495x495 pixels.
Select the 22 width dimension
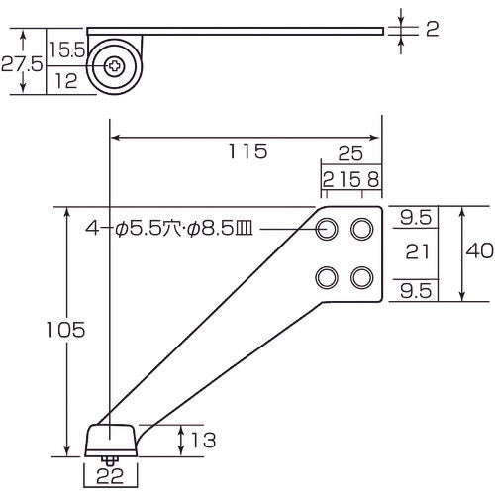pos(112,477)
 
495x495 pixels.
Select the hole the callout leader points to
pos(326,230)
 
